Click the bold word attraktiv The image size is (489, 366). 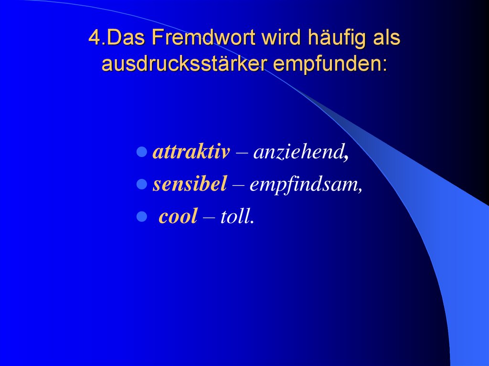coord(191,153)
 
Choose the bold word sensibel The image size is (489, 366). coord(190,185)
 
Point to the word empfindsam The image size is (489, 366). coord(306,185)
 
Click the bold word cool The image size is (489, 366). coord(178,217)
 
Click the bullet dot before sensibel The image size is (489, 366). coord(141,185)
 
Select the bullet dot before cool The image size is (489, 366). coord(141,217)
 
